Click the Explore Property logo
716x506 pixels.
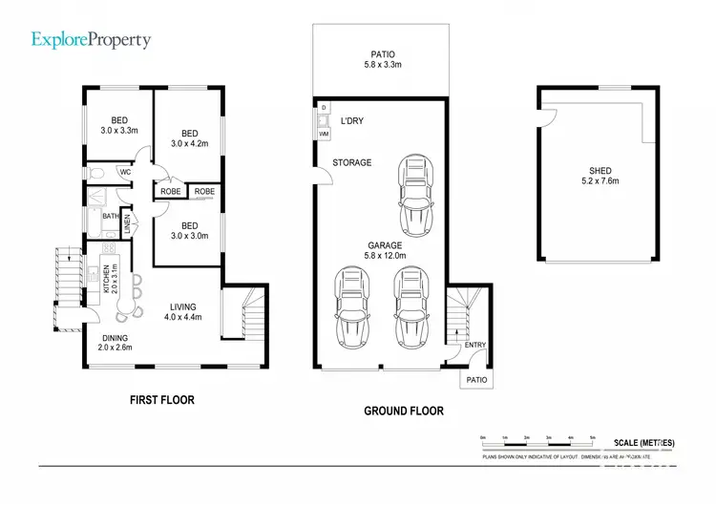click(x=91, y=39)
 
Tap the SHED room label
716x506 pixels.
click(x=601, y=175)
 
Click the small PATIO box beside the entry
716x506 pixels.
click(x=476, y=379)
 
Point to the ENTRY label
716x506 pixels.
click(x=474, y=346)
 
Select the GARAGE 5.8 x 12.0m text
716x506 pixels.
click(x=387, y=250)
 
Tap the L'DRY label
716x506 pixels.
click(x=352, y=121)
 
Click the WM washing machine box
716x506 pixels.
click(x=324, y=135)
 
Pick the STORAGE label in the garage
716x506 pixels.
click(x=351, y=163)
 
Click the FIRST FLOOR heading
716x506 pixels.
click(x=161, y=400)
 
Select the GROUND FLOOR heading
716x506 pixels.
click(x=404, y=411)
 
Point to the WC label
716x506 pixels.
click(x=125, y=172)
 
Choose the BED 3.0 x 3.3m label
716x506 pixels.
click(x=119, y=124)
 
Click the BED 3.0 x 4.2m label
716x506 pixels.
click(x=189, y=138)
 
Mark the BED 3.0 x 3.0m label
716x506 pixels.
click(x=189, y=230)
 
